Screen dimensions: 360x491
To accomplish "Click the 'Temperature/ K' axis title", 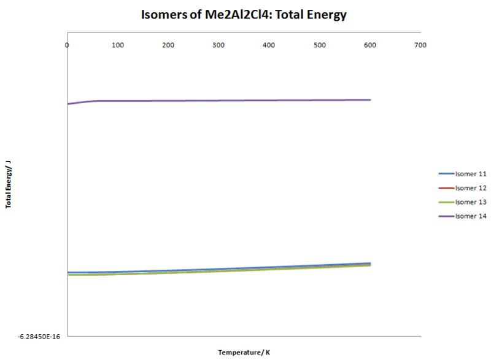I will (x=244, y=352).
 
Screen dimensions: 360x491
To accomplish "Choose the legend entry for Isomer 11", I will (x=471, y=174).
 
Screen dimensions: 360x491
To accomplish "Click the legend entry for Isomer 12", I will (x=471, y=188).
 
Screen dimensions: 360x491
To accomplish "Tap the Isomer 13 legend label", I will (x=471, y=202).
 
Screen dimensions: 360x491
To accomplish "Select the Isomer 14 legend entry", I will (x=471, y=216).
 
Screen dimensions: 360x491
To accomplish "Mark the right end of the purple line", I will (x=370, y=100).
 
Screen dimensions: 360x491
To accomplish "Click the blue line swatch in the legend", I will (x=446, y=174).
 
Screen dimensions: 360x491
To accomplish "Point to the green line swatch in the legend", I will (x=446, y=202).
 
